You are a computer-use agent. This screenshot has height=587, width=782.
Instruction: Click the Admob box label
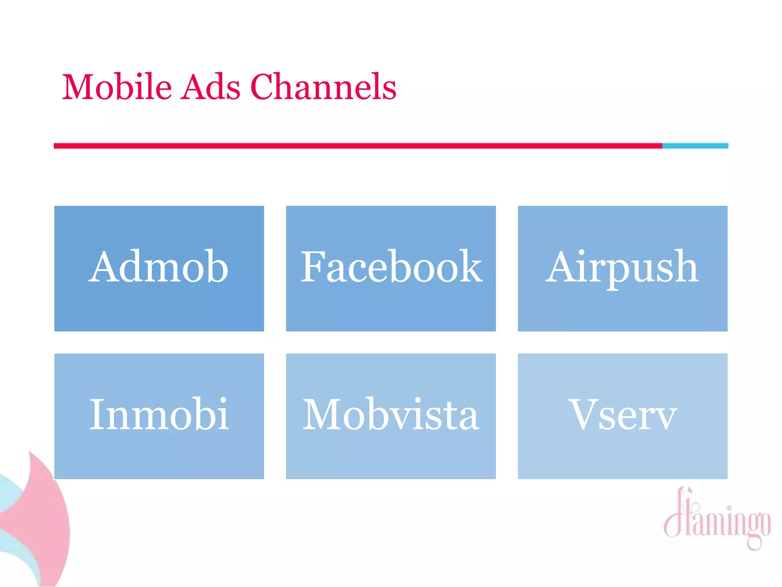tap(159, 267)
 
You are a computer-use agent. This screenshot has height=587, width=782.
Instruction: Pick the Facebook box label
tap(391, 267)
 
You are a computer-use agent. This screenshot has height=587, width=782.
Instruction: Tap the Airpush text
tap(622, 267)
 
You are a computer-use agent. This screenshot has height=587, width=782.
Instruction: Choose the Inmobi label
tap(159, 415)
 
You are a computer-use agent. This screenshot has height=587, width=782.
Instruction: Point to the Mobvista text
tap(391, 415)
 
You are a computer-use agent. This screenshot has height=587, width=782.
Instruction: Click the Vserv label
tap(622, 415)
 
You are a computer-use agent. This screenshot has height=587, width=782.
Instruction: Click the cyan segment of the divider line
tap(695, 146)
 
